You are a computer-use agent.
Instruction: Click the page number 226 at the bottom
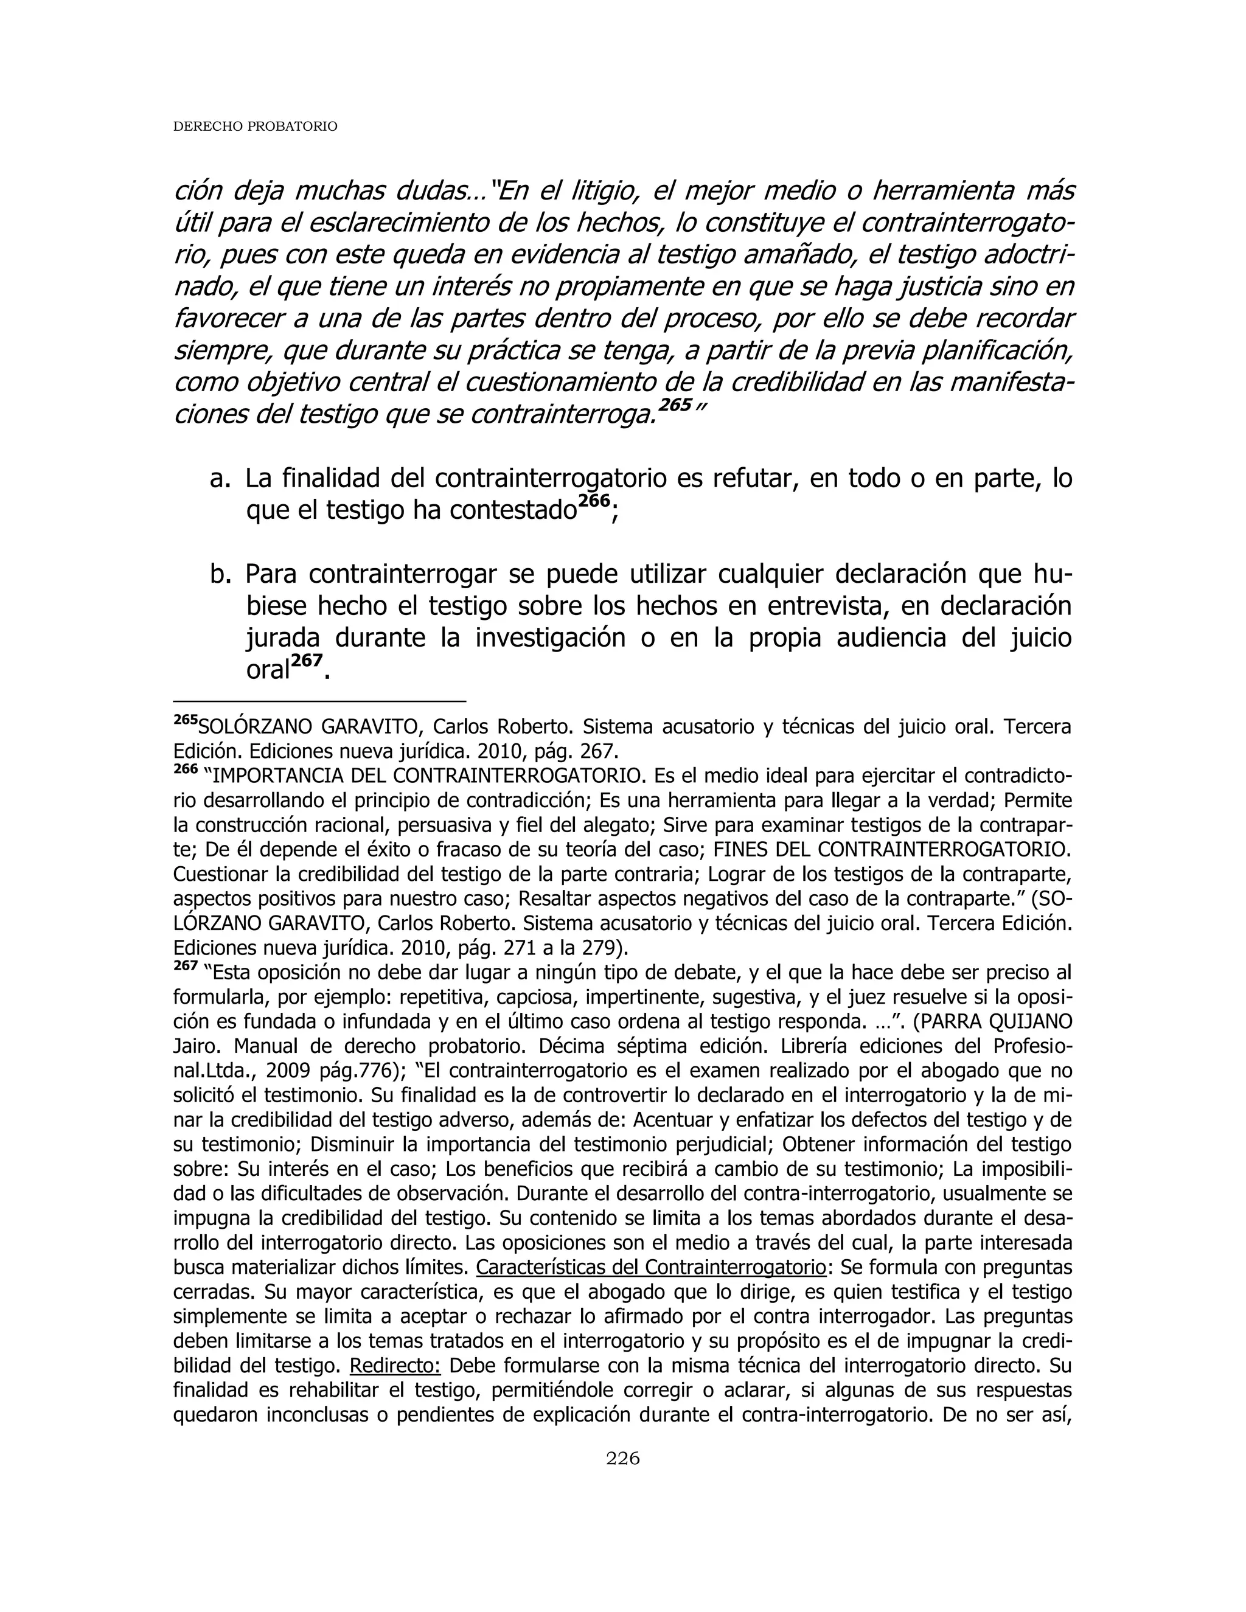tap(622, 1457)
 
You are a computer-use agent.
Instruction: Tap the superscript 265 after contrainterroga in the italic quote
tap(675, 405)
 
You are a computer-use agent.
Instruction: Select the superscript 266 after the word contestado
tap(594, 501)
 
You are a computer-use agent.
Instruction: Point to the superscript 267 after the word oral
tap(307, 661)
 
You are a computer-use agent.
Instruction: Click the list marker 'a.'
tap(220, 479)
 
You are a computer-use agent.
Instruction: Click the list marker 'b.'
tap(220, 574)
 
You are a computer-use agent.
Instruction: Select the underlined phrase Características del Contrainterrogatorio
tap(651, 1267)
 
